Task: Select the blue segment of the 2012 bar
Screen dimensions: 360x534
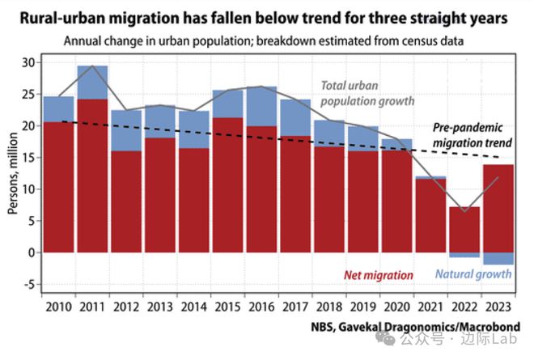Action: coord(126,130)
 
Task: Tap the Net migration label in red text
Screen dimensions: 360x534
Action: coord(379,275)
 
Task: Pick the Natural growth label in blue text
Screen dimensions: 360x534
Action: coord(473,274)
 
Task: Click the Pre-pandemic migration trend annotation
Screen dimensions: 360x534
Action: coord(469,136)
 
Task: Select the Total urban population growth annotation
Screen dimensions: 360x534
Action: coord(367,93)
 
